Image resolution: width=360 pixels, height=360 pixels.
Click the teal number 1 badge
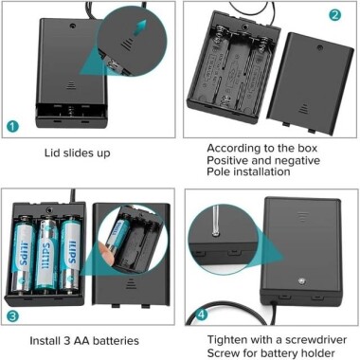pyautogui.click(x=12, y=124)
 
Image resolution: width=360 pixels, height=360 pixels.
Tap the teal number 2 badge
pyautogui.click(x=334, y=15)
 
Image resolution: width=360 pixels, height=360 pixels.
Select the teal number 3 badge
pyautogui.click(x=12, y=316)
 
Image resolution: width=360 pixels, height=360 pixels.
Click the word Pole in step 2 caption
pyautogui.click(x=222, y=176)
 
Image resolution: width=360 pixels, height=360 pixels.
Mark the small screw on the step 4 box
pyautogui.click(x=298, y=282)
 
